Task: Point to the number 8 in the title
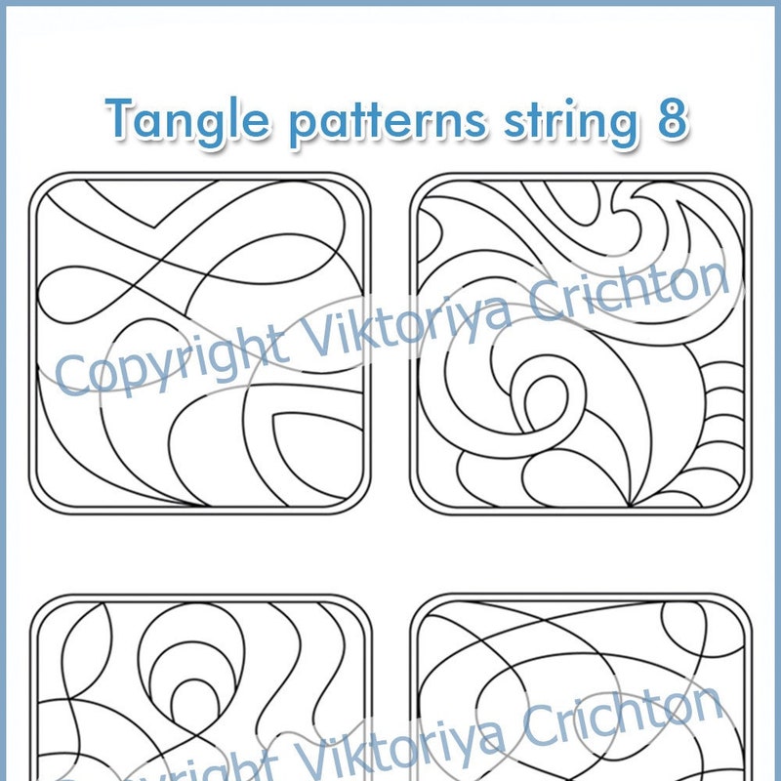pyautogui.click(x=672, y=120)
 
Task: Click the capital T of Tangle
pyautogui.click(x=121, y=119)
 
